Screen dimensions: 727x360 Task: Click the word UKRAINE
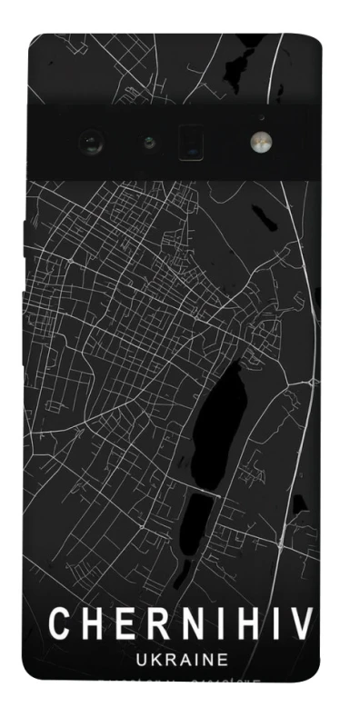click(x=181, y=661)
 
